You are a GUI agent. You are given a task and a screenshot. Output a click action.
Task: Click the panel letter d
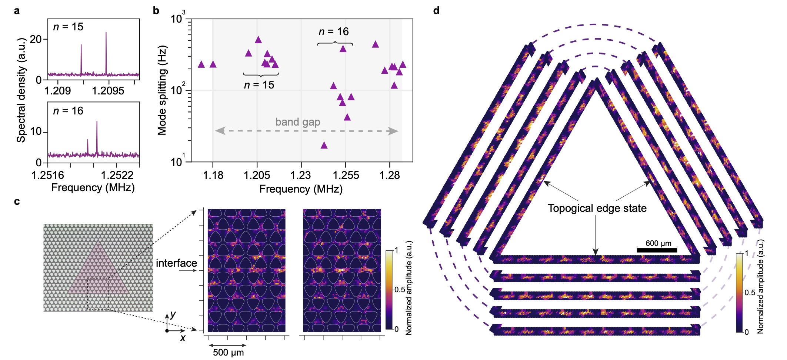click(x=436, y=11)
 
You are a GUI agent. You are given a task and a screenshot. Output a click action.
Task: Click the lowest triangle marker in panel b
click(x=324, y=145)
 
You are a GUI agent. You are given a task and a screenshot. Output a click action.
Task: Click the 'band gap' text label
click(x=297, y=122)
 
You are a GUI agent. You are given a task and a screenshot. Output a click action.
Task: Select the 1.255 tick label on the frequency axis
click(x=345, y=175)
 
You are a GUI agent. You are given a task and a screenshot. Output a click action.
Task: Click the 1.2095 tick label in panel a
click(x=108, y=91)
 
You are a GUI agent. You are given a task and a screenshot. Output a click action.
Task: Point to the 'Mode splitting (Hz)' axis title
click(x=162, y=90)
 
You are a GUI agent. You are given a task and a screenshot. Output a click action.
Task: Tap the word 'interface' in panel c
click(x=176, y=263)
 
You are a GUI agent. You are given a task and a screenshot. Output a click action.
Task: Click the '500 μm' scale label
click(x=228, y=352)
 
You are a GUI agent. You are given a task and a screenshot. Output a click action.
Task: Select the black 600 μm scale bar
click(x=657, y=250)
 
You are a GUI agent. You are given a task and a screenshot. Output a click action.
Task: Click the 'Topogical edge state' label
click(x=597, y=208)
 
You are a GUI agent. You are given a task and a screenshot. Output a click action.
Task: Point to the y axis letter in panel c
click(x=173, y=315)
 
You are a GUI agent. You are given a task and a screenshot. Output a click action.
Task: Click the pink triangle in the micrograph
click(x=98, y=274)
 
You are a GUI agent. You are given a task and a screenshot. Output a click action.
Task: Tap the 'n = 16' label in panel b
click(x=334, y=32)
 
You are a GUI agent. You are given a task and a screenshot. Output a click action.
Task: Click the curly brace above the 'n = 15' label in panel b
click(x=261, y=74)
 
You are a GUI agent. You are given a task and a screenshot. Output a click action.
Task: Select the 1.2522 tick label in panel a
click(x=117, y=175)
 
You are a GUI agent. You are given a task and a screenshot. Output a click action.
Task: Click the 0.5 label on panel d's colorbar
click(x=750, y=293)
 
